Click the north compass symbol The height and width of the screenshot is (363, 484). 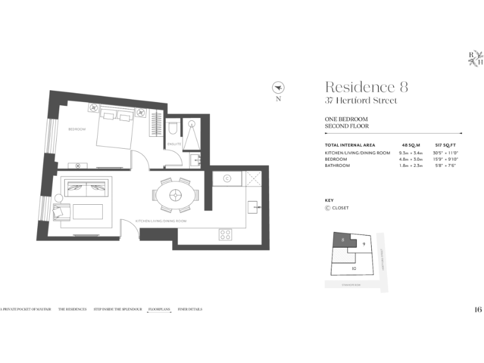pyautogui.click(x=278, y=87)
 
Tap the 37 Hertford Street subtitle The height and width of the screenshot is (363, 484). pyautogui.click(x=360, y=101)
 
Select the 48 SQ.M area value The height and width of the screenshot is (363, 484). pyautogui.click(x=409, y=146)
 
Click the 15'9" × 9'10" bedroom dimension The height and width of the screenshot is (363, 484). pyautogui.click(x=445, y=159)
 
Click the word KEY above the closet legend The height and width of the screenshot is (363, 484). pyautogui.click(x=328, y=200)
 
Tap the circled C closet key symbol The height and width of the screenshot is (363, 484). pyautogui.click(x=328, y=208)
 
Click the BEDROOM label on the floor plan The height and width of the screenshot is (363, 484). pyautogui.click(x=77, y=129)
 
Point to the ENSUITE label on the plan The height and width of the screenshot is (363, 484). pyautogui.click(x=175, y=144)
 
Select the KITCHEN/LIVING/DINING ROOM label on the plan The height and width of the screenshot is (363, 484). pyautogui.click(x=161, y=221)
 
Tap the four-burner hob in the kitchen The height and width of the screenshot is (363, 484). pyautogui.click(x=226, y=234)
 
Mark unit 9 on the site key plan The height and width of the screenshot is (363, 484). pyautogui.click(x=364, y=244)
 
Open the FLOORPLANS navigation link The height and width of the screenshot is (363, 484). pyautogui.click(x=159, y=309)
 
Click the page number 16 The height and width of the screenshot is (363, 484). pyautogui.click(x=478, y=309)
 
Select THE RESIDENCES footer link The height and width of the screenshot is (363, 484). pyautogui.click(x=72, y=309)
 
